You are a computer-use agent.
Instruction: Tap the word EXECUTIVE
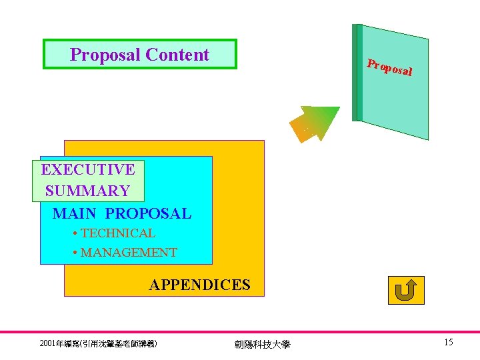tap(87, 169)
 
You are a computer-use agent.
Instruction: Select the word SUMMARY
tap(87, 191)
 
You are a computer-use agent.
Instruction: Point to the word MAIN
tap(75, 213)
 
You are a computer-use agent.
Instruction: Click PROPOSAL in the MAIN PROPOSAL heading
tap(148, 213)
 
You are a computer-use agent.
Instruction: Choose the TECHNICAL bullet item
tap(117, 233)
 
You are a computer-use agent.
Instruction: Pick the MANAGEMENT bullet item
tap(128, 253)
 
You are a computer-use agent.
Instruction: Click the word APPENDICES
tap(199, 285)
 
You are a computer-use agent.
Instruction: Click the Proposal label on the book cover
tap(390, 67)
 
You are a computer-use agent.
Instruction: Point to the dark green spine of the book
tap(357, 73)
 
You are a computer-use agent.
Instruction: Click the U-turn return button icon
tap(405, 290)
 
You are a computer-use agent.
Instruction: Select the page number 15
tap(449, 342)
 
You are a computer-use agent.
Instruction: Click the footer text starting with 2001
tap(99, 343)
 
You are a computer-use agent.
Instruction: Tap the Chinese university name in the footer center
tap(263, 344)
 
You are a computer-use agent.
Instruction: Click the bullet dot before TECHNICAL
tap(76, 233)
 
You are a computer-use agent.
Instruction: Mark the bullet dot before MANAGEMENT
tap(76, 253)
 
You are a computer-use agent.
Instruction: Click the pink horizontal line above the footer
tap(240, 332)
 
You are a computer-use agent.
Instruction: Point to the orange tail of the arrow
tap(299, 131)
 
